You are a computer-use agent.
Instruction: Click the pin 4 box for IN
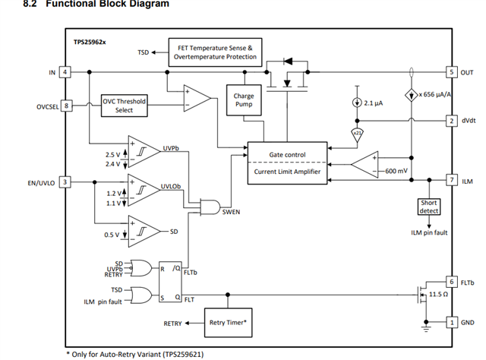tap(65, 72)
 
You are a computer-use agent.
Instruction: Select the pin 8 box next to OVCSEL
tap(66, 106)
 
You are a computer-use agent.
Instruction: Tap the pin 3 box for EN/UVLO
tap(65, 182)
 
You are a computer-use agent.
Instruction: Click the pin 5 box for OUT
tap(452, 72)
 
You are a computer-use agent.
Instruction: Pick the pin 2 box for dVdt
tap(452, 121)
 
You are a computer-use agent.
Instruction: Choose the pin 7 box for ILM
tap(452, 180)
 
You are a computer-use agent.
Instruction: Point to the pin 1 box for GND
tap(452, 323)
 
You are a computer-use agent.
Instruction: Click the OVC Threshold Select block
tap(125, 106)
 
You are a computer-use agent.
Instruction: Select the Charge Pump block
tap(244, 100)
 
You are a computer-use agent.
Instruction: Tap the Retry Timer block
tap(228, 323)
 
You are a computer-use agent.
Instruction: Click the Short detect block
tap(429, 207)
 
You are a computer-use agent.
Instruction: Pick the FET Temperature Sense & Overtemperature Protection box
tap(215, 52)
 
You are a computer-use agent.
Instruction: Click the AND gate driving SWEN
tap(210, 207)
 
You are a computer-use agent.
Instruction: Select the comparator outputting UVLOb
tap(144, 190)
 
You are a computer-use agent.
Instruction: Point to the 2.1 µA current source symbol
tap(357, 103)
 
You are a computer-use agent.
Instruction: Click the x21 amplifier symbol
tap(357, 134)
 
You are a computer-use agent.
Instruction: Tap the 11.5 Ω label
tap(438, 294)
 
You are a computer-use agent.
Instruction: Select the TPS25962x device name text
tap(90, 43)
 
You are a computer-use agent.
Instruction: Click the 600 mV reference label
tap(396, 171)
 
